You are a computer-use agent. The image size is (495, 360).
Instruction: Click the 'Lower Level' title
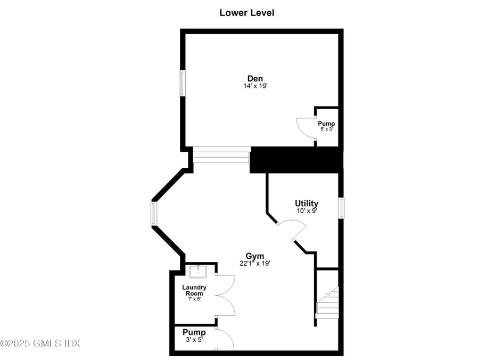[247, 12]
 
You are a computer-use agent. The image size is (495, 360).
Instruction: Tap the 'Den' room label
[255, 78]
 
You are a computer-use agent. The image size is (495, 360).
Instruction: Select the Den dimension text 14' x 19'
[255, 86]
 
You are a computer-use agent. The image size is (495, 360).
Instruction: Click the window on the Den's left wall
[182, 83]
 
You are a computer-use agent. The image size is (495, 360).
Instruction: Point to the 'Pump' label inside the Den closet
[326, 124]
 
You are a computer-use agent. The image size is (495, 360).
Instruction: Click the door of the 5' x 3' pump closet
[306, 127]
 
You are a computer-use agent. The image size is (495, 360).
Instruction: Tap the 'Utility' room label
[307, 203]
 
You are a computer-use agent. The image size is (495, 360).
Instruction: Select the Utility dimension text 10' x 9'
[307, 211]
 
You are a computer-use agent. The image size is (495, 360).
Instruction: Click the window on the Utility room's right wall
[342, 208]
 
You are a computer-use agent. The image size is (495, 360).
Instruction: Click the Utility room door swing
[294, 231]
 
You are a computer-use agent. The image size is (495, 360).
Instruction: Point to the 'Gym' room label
[254, 256]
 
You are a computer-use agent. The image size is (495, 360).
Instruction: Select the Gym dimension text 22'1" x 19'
[254, 263]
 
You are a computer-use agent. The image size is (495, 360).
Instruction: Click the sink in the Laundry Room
[198, 272]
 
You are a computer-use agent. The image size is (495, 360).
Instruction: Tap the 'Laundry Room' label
[194, 290]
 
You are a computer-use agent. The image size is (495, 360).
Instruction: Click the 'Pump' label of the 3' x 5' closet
[194, 332]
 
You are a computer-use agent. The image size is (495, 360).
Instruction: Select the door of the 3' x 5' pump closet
[225, 339]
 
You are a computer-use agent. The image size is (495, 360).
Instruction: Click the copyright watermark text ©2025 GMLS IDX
[40, 343]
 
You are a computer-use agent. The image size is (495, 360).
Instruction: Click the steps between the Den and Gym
[221, 156]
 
